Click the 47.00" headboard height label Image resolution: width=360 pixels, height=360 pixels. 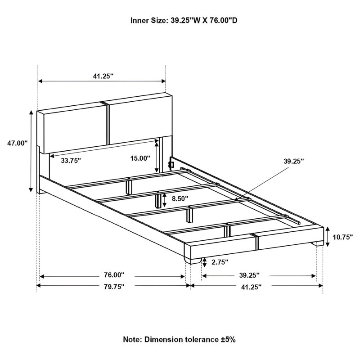pyautogui.click(x=18, y=143)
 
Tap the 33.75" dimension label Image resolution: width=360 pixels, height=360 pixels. pyautogui.click(x=71, y=160)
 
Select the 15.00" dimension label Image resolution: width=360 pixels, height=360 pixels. pyautogui.click(x=140, y=158)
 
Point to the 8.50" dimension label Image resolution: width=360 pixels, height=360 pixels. pyautogui.click(x=180, y=198)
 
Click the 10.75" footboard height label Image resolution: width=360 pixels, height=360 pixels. pyautogui.click(x=343, y=237)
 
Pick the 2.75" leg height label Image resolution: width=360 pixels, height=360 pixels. pyautogui.click(x=220, y=262)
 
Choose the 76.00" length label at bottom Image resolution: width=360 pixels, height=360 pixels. pyautogui.click(x=114, y=274)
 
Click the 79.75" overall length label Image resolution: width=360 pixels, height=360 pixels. pyautogui.click(x=114, y=286)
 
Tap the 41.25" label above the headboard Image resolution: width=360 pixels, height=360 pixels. pyautogui.click(x=103, y=76)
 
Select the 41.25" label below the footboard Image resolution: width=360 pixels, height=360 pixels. pyautogui.click(x=252, y=287)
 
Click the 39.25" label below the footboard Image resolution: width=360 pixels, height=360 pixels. pyautogui.click(x=250, y=275)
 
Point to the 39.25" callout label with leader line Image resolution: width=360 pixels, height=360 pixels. pyautogui.click(x=294, y=161)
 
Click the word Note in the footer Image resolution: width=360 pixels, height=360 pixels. pyautogui.click(x=132, y=339)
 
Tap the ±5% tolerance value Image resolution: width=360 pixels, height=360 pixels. pyautogui.click(x=228, y=339)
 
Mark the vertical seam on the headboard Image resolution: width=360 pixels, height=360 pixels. pyautogui.click(x=108, y=123)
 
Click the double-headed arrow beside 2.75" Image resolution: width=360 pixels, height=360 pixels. pyautogui.click(x=204, y=262)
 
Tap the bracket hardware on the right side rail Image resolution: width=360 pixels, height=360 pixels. pyautogui.click(x=171, y=164)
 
